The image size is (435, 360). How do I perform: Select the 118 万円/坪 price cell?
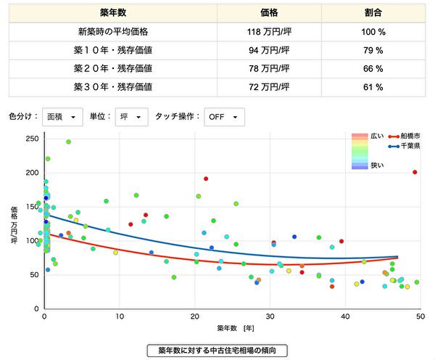[x=270, y=32]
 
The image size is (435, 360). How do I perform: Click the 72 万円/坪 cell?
[x=270, y=87]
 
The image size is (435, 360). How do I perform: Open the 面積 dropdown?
[x=62, y=117]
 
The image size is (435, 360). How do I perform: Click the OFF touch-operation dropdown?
[x=224, y=117]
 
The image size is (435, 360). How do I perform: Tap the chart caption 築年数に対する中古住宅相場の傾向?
[x=217, y=351]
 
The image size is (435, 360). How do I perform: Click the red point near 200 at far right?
[x=415, y=172]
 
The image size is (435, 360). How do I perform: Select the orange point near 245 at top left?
[x=69, y=142]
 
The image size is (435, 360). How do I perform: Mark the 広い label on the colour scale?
[x=377, y=136]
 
